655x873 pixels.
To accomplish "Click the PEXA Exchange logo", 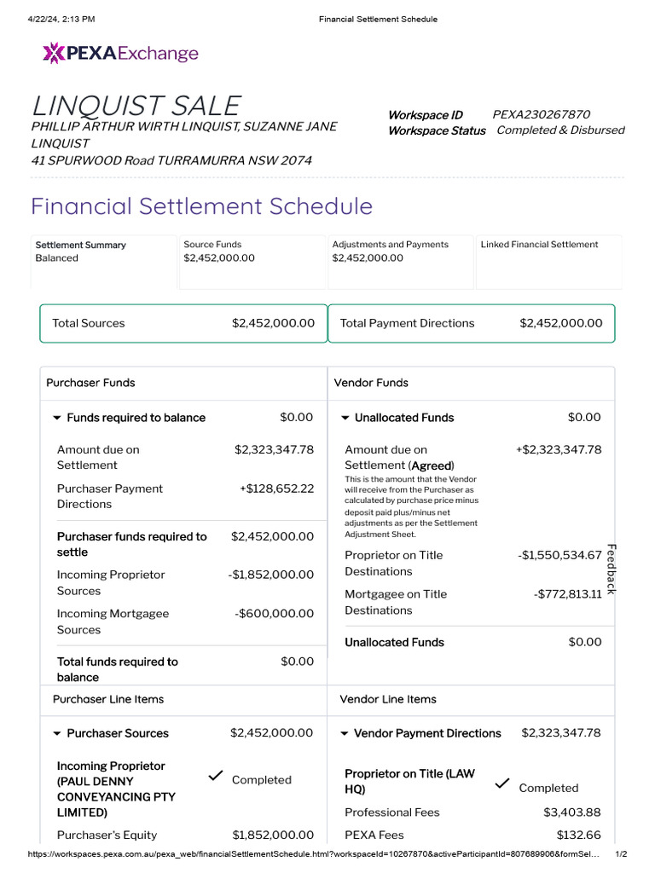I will [120, 54].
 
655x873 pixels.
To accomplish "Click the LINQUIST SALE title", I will [136, 106].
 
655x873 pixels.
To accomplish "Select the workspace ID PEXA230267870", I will [541, 114].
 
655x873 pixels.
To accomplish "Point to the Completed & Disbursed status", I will [560, 130].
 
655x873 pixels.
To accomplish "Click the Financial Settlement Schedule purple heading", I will [201, 206].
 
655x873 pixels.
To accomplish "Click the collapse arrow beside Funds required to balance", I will [57, 418].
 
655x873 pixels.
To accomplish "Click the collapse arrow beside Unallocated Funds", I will [345, 418].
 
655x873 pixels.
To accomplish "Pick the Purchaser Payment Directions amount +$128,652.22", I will [276, 489].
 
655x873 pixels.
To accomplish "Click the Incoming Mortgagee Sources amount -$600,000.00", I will [274, 614].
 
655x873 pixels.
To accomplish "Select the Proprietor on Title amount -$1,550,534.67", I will [559, 555].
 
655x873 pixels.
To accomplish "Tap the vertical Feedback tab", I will [612, 569].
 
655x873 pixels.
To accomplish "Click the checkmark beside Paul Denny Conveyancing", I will [216, 776].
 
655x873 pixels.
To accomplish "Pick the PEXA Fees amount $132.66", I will [578, 835].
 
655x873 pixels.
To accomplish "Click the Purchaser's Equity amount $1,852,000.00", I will [272, 835].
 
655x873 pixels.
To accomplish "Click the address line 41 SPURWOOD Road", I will [171, 160].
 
